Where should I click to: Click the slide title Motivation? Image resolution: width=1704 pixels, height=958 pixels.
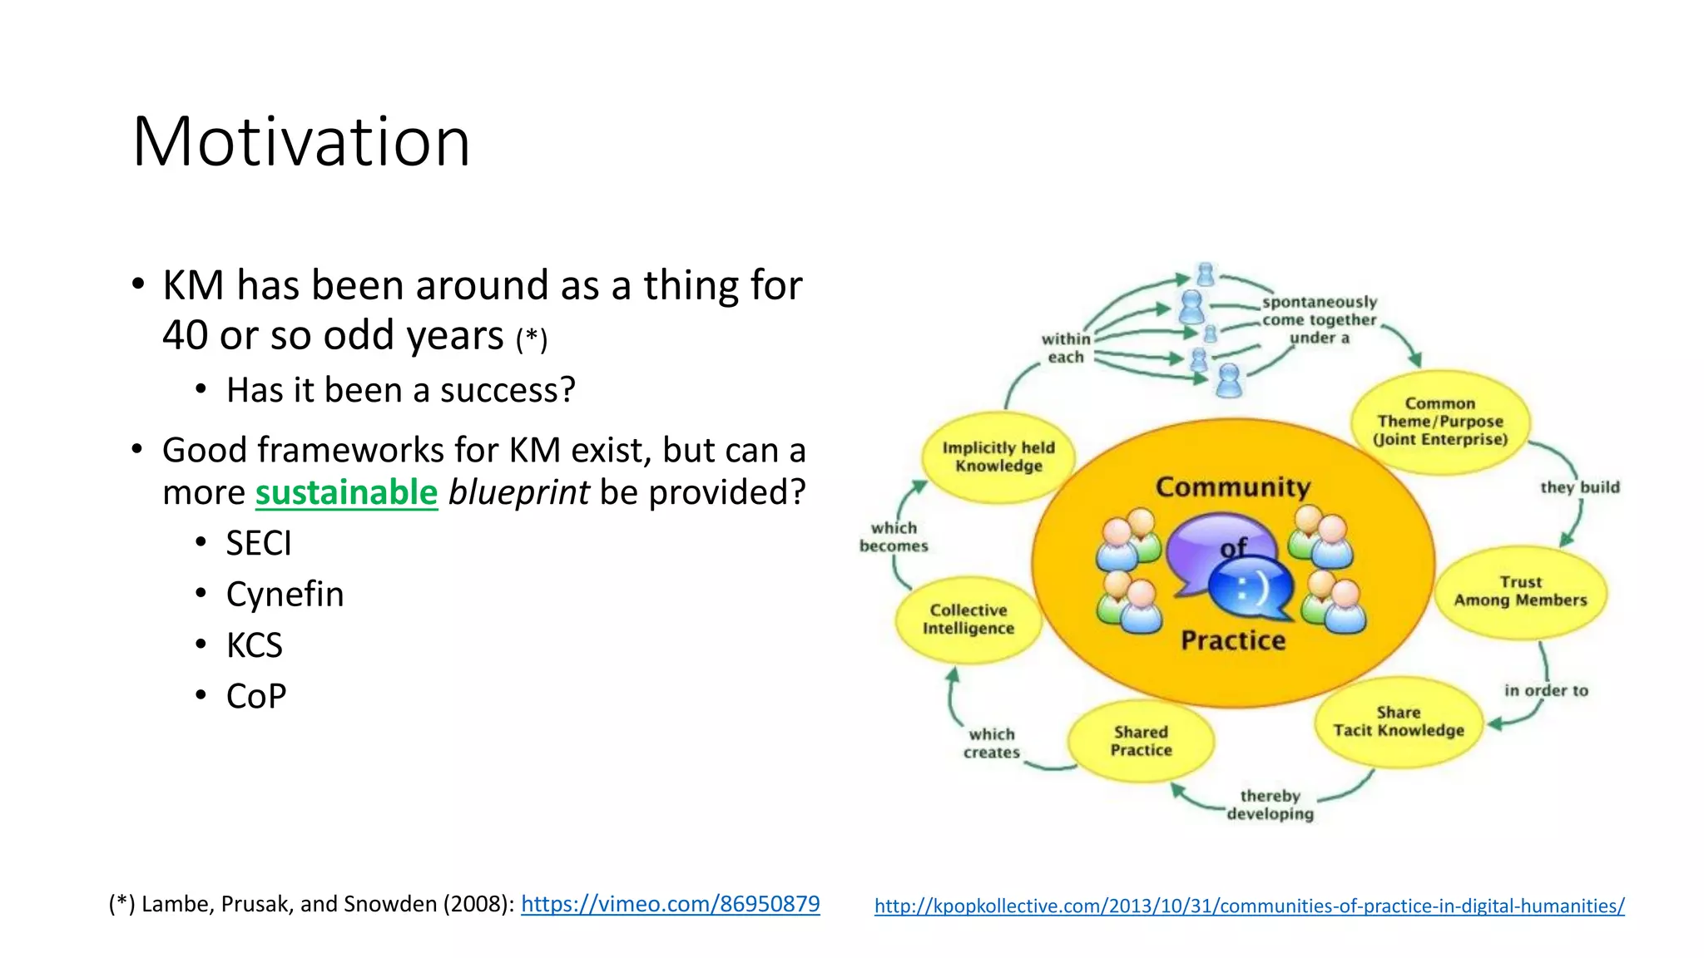301,141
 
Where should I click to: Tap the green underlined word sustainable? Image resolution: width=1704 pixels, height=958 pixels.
346,492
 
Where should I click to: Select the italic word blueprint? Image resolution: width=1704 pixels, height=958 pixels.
518,492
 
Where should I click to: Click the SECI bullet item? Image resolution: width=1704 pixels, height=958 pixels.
259,544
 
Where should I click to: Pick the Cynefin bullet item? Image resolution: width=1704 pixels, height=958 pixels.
285,595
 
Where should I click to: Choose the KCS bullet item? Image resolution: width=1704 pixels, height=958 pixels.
255,645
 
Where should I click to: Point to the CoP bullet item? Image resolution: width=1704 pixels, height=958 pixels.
256,696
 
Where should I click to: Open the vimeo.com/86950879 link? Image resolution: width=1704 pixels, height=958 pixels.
670,904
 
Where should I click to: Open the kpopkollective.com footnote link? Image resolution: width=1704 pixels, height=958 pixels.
1249,906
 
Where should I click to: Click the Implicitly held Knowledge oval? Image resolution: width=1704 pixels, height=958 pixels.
998,457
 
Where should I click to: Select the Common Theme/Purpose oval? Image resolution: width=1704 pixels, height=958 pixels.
1439,422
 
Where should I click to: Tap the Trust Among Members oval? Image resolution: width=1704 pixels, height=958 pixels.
1520,591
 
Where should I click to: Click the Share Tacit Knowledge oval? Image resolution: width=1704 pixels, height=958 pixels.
1399,722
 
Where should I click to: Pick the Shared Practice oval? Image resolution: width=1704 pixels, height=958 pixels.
1141,741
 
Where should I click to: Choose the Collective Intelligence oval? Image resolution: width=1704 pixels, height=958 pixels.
968,620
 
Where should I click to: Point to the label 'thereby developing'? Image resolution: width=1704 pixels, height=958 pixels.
1270,805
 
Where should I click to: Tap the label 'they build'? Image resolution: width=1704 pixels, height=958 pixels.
1579,487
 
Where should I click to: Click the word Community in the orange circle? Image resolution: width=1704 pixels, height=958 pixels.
1233,487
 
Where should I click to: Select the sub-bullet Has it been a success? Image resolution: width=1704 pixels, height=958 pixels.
400,390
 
